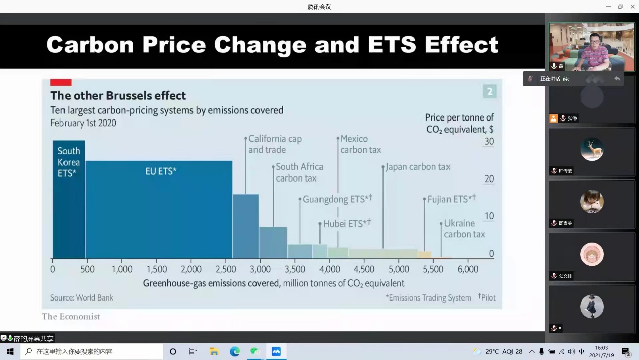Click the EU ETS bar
[159, 209]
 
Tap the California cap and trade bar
[245, 226]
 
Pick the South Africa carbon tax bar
[273, 243]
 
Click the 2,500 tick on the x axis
[226, 269]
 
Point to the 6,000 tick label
[467, 269]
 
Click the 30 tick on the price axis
[489, 142]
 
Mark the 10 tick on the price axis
[489, 216]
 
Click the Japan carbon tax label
[418, 167]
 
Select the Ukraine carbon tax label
[464, 229]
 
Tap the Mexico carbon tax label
[360, 144]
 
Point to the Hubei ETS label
[346, 224]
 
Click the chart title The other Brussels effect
[118, 96]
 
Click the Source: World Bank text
[82, 298]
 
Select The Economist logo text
[71, 317]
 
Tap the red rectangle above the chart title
[60, 82]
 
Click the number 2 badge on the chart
[489, 91]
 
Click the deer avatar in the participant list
[592, 150]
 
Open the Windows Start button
[10, 351]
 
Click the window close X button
[632, 7]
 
